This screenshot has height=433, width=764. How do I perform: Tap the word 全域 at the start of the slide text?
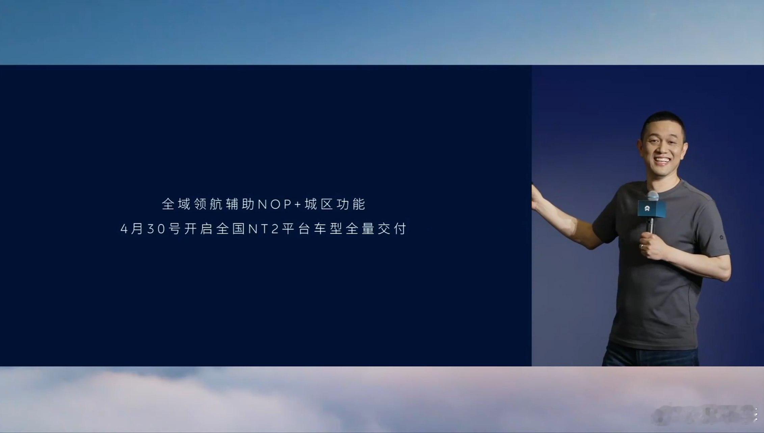coord(176,204)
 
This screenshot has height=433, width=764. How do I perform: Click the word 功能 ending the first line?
coord(351,204)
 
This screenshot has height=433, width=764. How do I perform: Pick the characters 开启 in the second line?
coord(198,229)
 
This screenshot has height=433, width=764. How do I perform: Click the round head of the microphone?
coord(653,196)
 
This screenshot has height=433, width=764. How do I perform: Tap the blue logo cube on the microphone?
coord(651,208)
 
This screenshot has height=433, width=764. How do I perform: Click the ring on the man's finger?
coord(642,247)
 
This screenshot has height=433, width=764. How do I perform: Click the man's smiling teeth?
coord(662,160)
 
